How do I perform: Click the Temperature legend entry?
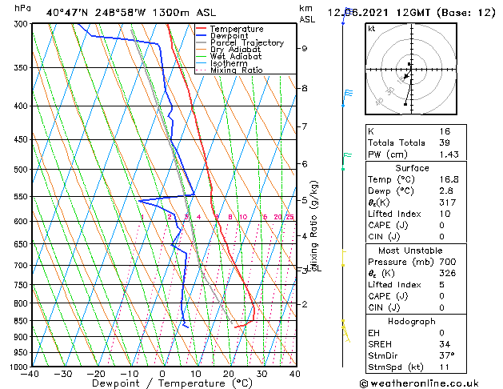click(x=237, y=29)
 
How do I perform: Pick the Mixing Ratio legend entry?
click(x=237, y=70)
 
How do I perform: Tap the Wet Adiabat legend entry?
click(x=236, y=57)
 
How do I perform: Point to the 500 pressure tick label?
click(x=21, y=170)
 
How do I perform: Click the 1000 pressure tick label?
click(x=18, y=367)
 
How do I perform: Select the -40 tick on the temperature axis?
click(x=30, y=374)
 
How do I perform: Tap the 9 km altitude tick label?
click(x=305, y=48)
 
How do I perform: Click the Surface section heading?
click(x=412, y=168)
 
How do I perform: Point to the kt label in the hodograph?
click(x=372, y=28)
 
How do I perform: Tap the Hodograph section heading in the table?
click(x=412, y=321)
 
